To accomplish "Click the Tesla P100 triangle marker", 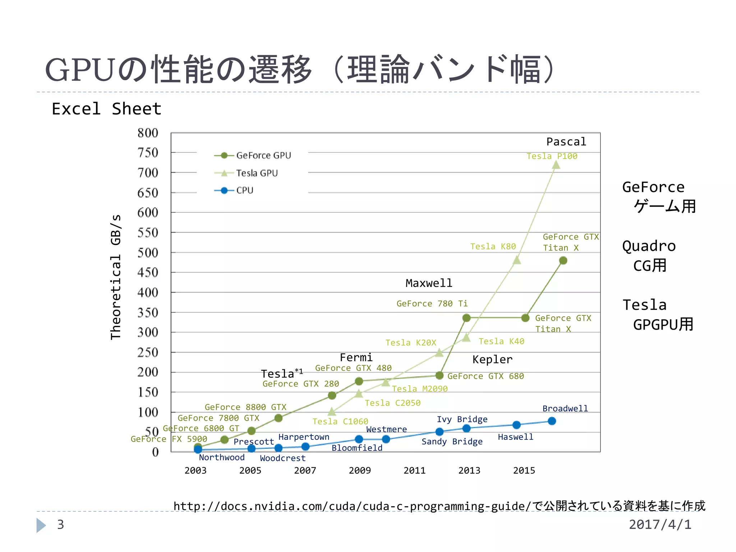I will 556,165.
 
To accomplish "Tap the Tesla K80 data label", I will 493,247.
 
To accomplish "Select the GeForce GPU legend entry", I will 252,155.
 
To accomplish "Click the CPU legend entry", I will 234,190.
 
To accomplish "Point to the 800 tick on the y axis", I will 148,133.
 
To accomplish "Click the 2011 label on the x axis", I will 414,470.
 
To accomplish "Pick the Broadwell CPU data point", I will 552,421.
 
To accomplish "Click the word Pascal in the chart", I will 566,142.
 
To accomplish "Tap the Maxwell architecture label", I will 429,283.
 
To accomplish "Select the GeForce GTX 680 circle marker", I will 439,376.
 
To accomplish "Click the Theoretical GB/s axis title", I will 116,277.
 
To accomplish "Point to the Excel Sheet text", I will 106,109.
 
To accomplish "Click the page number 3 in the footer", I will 60,525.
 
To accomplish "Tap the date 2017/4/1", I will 660,524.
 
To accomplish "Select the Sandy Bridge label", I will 452,441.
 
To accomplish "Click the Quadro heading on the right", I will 649,246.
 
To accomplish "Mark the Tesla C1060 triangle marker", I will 332,411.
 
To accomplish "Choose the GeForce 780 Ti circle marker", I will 466,318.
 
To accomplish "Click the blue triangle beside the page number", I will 41,525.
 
